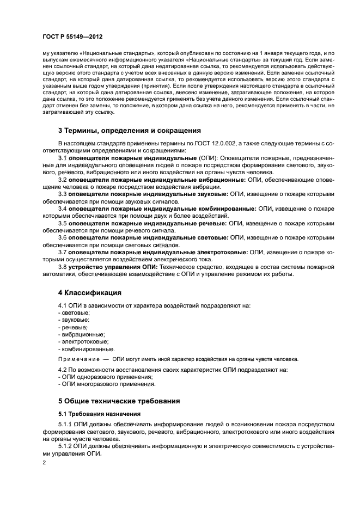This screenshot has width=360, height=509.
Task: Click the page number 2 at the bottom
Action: (x=45, y=462)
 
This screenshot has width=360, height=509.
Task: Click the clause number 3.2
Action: (x=63, y=179)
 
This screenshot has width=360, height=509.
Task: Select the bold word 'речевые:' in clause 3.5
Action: (x=211, y=223)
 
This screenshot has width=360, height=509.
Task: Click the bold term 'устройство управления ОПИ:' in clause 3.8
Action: (x=113, y=267)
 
